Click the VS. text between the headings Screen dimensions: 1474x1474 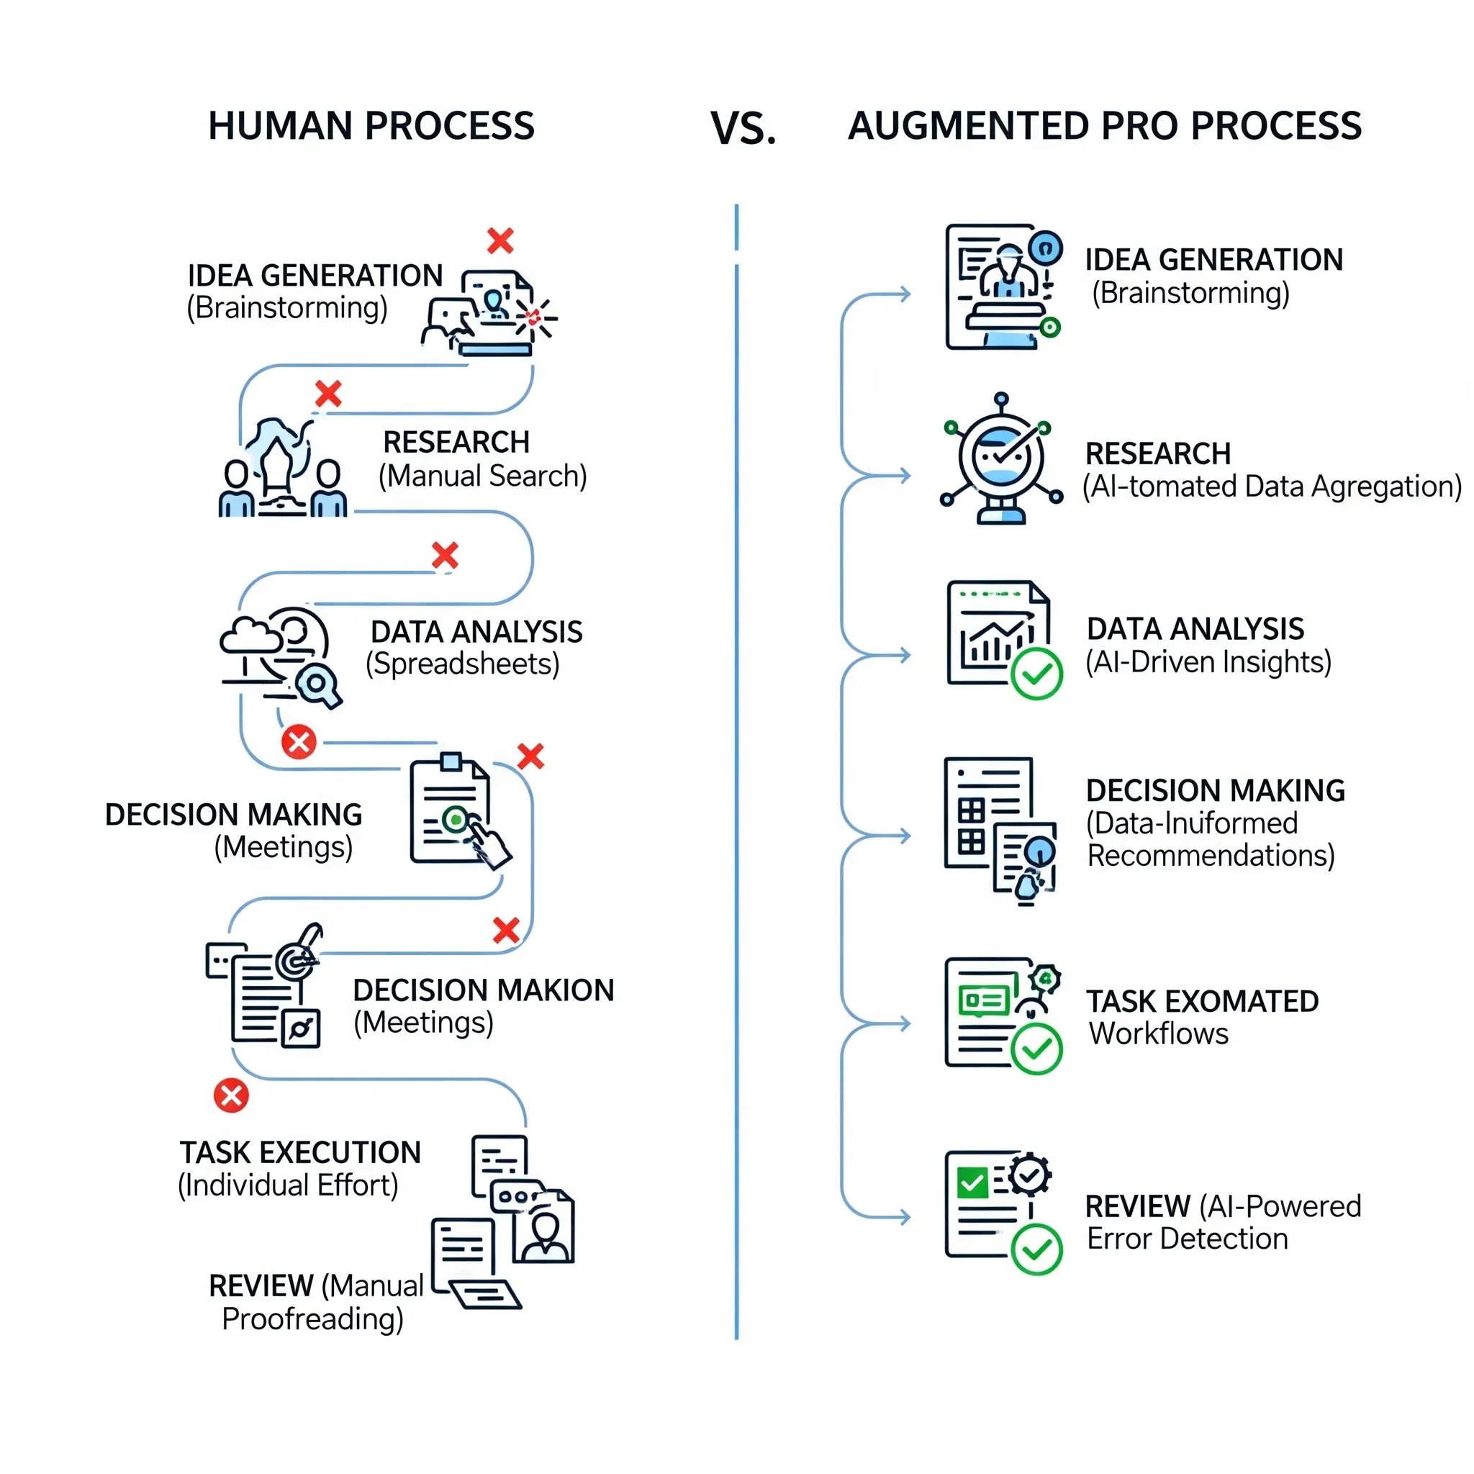click(x=743, y=128)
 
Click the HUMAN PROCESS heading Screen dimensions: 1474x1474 click(x=371, y=126)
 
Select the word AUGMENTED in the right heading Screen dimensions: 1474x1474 click(x=967, y=126)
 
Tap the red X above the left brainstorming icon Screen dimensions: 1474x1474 click(x=500, y=240)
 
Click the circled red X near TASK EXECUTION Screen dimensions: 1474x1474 click(x=231, y=1095)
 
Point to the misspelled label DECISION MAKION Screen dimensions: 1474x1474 click(x=483, y=990)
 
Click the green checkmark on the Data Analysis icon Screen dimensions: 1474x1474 click(x=1036, y=674)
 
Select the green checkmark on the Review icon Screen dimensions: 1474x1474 click(x=1036, y=1249)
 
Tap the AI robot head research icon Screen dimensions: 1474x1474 click(x=1001, y=458)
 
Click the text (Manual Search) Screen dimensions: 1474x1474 click(x=483, y=476)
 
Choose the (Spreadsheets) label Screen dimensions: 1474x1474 click(x=462, y=664)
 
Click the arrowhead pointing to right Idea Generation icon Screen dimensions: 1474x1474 click(x=905, y=294)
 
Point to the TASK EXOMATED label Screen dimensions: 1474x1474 click(x=1203, y=1001)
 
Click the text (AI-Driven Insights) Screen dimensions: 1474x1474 click(x=1208, y=662)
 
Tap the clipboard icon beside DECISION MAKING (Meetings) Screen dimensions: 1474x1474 click(x=455, y=813)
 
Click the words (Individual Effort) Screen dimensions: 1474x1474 click(x=288, y=1185)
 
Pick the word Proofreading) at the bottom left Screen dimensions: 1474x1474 click(x=312, y=1319)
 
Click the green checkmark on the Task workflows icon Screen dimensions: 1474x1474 click(x=1036, y=1049)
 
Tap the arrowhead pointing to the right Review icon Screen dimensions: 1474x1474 click(x=905, y=1217)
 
